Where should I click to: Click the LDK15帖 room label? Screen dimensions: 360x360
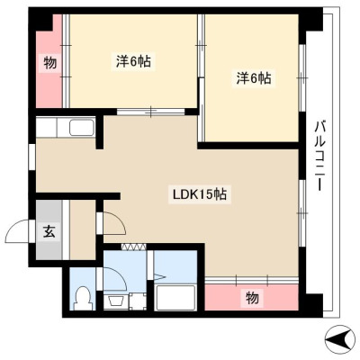click(199, 194)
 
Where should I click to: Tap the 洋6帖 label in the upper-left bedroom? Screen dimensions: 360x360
click(133, 61)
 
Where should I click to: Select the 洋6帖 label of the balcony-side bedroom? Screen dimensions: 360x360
click(254, 78)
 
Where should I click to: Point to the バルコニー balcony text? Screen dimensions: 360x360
click(319, 156)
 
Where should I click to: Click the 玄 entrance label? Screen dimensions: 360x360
click(49, 231)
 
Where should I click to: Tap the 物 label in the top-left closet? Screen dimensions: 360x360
click(49, 63)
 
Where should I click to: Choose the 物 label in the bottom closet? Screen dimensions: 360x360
click(252, 297)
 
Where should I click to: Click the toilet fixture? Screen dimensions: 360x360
click(82, 298)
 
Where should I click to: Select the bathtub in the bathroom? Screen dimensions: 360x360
click(175, 298)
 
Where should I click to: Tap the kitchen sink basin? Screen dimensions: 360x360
click(82, 128)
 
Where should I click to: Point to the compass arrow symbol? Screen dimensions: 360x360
click(340, 339)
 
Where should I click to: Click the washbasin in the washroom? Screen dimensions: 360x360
click(115, 301)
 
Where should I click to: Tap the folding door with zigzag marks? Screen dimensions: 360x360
click(134, 247)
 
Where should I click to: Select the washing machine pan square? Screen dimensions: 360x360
click(138, 301)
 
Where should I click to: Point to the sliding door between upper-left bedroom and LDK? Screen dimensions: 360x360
click(151, 112)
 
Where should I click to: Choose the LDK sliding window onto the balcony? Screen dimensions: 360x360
click(302, 213)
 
